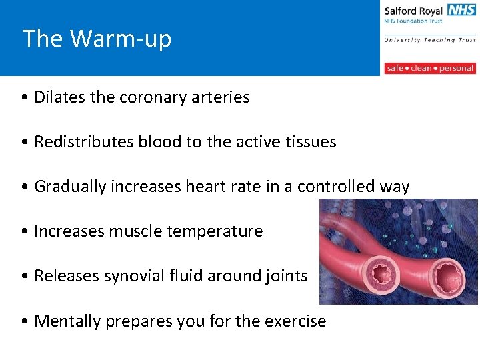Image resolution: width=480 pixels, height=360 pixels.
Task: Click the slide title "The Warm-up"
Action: coord(97,39)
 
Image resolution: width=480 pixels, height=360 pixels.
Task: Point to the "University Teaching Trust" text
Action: coord(430,40)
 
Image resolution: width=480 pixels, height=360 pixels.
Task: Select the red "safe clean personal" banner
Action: coord(430,68)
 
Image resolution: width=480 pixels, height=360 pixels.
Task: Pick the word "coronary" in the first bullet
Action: coord(153,97)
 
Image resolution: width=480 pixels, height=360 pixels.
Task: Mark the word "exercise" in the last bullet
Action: coord(295,321)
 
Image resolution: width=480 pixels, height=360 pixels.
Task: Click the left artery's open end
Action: coord(383,274)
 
